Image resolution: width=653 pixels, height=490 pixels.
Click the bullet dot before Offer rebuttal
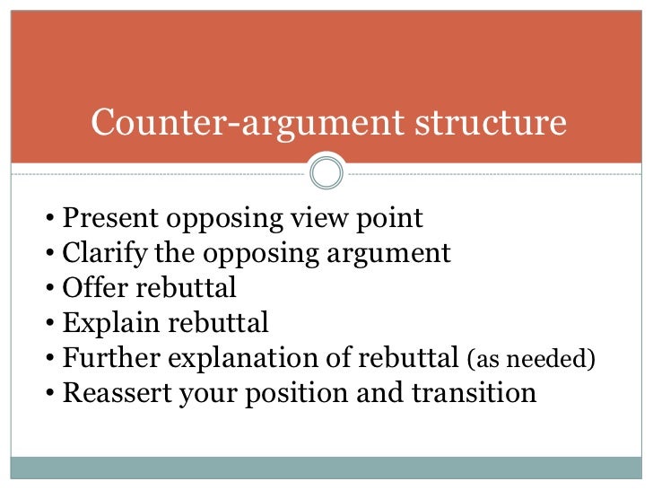click(51, 290)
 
